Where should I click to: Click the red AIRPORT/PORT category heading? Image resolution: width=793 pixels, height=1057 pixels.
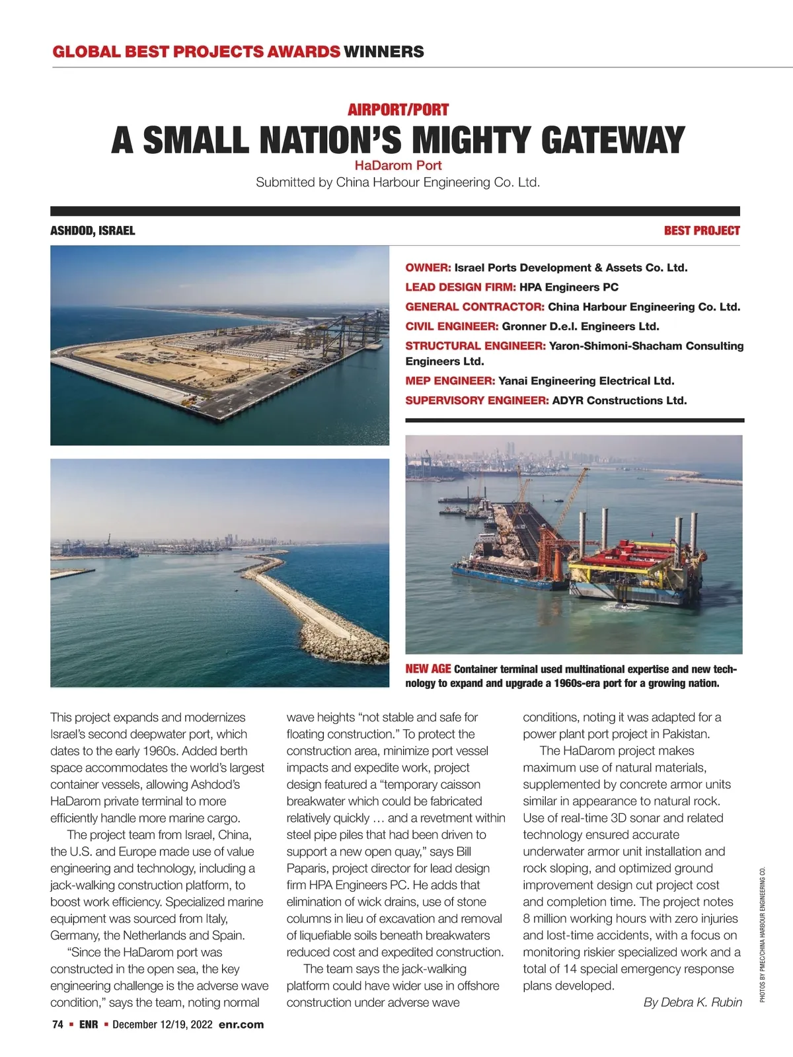398,110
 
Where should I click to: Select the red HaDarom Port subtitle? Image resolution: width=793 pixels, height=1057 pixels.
398,165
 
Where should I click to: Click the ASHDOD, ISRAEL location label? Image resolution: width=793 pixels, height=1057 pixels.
93,231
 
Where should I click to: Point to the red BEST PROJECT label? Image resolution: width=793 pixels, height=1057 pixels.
702,231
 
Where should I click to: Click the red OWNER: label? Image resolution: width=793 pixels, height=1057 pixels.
428,268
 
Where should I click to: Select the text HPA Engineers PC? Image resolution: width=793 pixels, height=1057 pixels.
569,287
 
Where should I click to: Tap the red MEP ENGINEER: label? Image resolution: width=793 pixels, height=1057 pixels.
450,381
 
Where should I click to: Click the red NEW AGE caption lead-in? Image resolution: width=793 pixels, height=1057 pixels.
428,669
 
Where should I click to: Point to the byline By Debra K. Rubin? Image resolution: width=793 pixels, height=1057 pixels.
693,1002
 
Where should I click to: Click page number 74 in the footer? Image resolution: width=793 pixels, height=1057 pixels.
57,1025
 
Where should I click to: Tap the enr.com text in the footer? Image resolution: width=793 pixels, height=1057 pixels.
241,1025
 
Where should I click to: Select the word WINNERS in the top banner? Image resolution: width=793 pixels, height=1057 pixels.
384,52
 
